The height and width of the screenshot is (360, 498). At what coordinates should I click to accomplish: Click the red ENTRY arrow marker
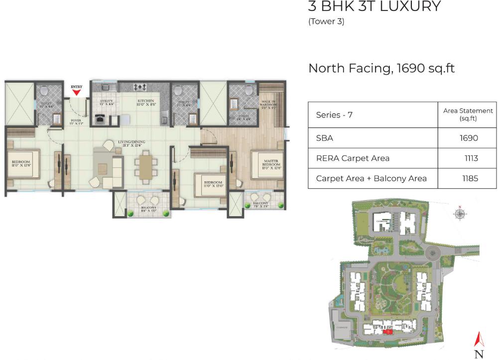tap(76, 92)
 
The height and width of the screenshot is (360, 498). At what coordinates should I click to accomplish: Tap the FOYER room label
tap(76, 120)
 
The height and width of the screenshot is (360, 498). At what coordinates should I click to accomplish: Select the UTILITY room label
tap(107, 103)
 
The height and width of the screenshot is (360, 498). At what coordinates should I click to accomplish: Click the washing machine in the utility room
tap(101, 120)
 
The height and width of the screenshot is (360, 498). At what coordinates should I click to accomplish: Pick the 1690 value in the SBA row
tap(469, 138)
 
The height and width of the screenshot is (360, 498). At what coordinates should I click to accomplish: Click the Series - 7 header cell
tap(335, 115)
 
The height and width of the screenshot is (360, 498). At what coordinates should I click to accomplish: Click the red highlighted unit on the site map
tap(387, 331)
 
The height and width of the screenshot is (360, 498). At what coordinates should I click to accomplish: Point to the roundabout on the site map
tap(434, 254)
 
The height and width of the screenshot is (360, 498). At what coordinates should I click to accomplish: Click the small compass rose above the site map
tap(461, 213)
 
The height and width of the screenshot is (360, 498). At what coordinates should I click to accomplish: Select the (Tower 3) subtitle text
tap(327, 21)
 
